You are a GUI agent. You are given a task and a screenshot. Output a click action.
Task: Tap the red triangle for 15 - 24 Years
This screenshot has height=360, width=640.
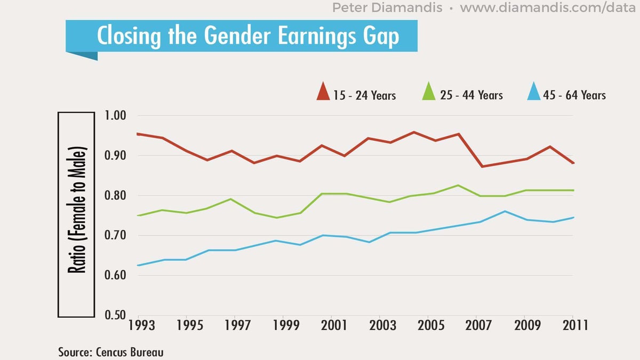click(323, 92)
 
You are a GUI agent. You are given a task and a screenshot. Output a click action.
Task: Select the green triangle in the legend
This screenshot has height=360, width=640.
click(429, 92)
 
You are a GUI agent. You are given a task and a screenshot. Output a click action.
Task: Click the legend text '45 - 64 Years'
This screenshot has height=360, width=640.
click(574, 95)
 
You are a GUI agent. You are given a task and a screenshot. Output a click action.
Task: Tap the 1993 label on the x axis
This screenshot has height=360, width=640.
click(138, 325)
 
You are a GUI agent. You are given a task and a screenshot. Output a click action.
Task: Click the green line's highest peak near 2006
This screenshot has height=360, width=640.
click(457, 185)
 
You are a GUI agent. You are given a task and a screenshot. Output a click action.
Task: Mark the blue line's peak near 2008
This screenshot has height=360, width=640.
click(505, 211)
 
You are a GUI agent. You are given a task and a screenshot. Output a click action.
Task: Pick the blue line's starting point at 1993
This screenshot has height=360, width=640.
click(138, 265)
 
